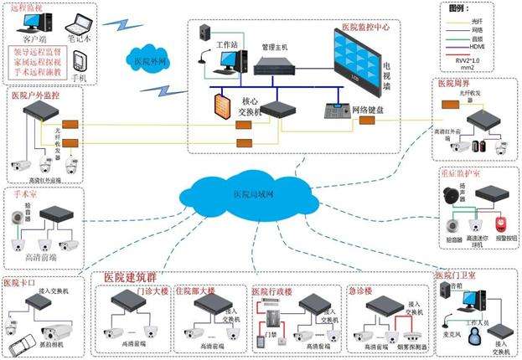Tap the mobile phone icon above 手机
(80, 62)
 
